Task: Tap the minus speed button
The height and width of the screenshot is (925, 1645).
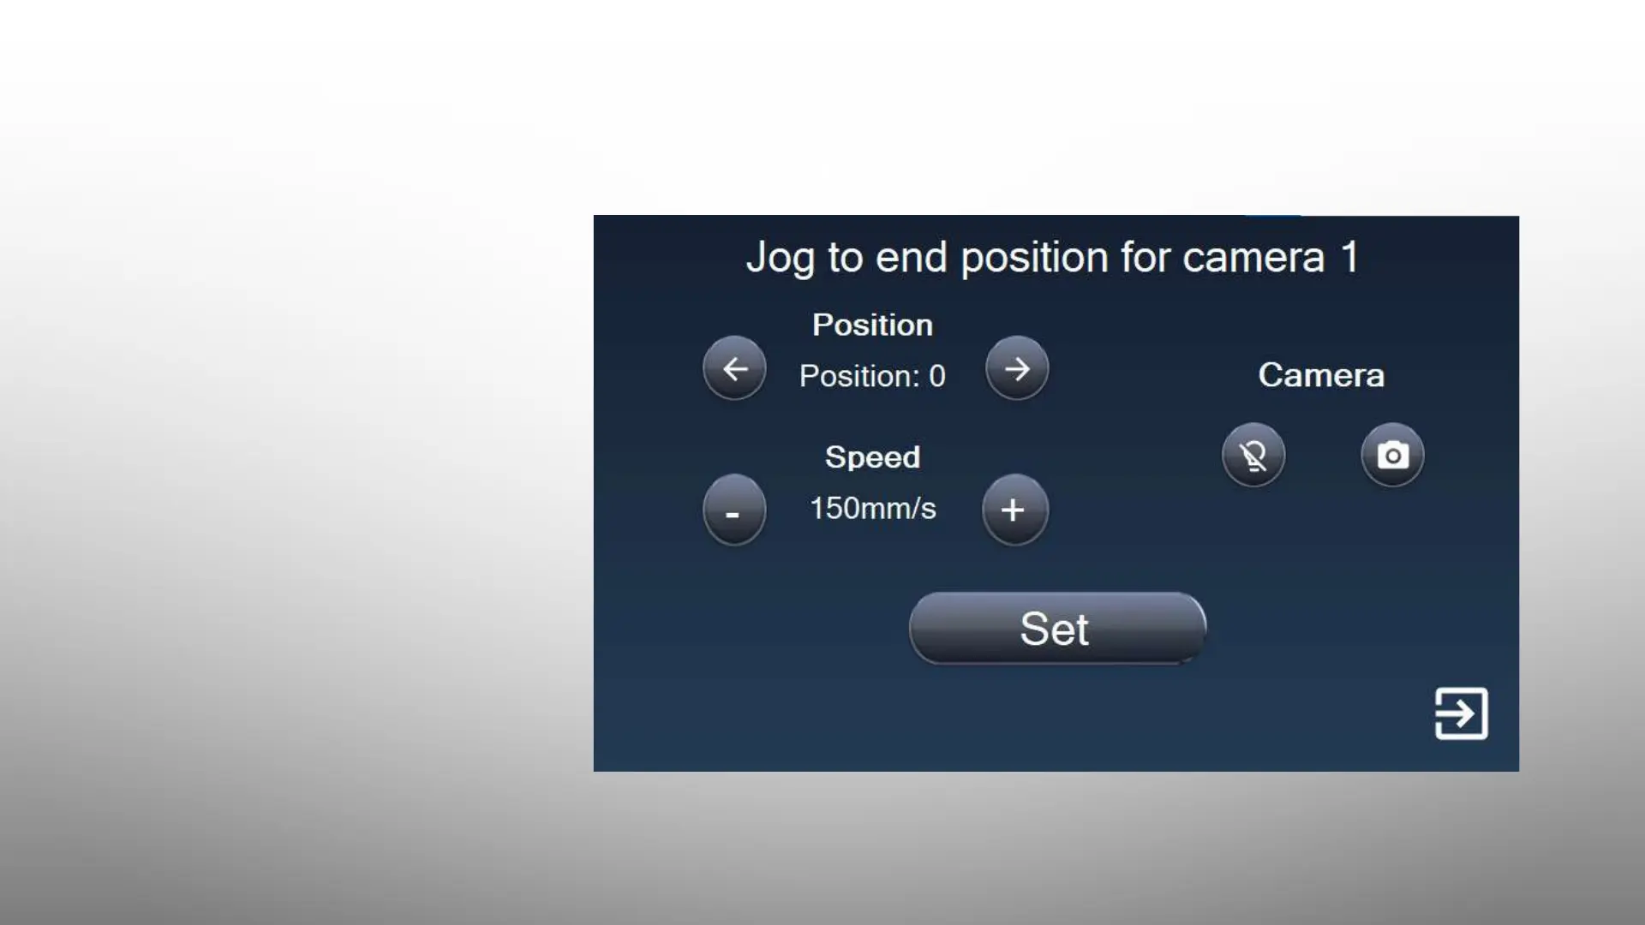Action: [x=734, y=510]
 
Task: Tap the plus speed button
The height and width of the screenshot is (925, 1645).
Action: [x=1014, y=510]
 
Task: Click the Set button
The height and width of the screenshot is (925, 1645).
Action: [x=1057, y=628]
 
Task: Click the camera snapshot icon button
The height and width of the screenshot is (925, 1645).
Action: [x=1392, y=455]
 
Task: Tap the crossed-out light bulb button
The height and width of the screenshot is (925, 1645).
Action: [x=1253, y=455]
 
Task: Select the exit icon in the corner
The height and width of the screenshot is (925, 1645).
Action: [x=1462, y=713]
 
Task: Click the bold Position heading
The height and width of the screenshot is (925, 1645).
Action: [x=872, y=325]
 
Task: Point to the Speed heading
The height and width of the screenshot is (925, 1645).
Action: [x=872, y=458]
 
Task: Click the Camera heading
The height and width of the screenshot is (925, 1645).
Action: [x=1321, y=375]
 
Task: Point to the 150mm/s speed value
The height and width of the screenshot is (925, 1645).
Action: [x=873, y=509]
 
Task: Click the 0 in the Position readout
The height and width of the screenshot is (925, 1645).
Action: [x=937, y=376]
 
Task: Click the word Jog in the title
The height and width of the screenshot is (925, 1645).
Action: [x=779, y=258]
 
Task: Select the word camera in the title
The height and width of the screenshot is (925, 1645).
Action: [x=1253, y=258]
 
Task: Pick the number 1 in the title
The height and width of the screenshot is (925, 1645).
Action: [x=1349, y=257]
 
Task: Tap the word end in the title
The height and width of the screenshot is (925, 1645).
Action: [x=912, y=257]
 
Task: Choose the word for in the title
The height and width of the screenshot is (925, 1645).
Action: [x=1146, y=257]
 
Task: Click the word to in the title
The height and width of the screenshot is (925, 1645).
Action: [x=845, y=258]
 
